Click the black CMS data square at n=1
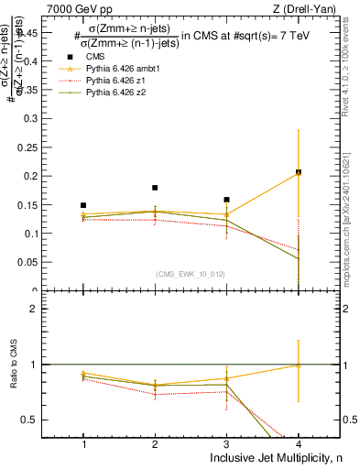(83, 205)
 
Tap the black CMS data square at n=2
(155, 188)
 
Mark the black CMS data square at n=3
(226, 200)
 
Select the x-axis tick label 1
(83, 443)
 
